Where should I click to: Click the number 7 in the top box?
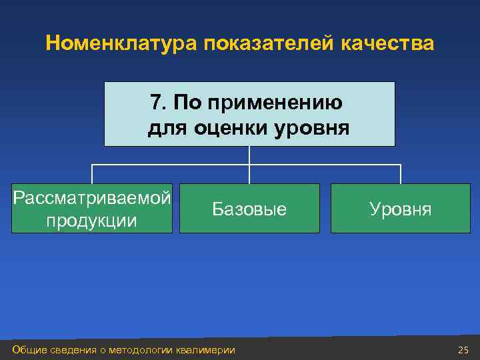pos(156,103)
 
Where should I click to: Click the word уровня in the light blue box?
pos(311,127)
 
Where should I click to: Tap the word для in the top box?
pos(168,127)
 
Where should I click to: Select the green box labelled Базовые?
pos(249,209)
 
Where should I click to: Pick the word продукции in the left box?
pos(91,220)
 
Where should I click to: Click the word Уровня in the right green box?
pos(401,209)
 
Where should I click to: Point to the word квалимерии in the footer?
pos(206,350)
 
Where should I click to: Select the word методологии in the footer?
pos(144,350)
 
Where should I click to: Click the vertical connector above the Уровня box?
pos(401,174)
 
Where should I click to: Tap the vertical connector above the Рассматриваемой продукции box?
pos(91,174)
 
